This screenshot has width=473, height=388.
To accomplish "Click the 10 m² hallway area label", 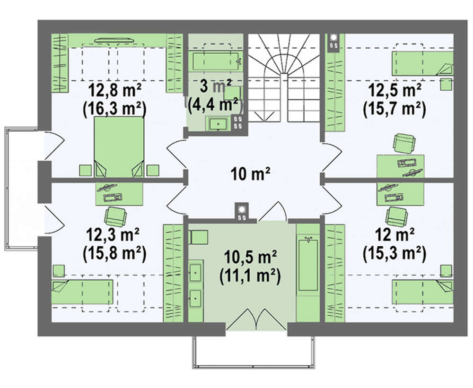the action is [x=250, y=174].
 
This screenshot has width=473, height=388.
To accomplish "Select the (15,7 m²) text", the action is [x=394, y=110].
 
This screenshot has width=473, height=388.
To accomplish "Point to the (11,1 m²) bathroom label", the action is [x=250, y=276].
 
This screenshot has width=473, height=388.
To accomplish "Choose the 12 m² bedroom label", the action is [x=394, y=234].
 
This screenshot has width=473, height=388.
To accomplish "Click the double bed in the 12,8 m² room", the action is [x=119, y=147].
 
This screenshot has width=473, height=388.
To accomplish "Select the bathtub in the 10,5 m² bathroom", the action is [x=308, y=264].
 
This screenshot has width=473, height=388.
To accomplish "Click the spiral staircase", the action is [x=284, y=78].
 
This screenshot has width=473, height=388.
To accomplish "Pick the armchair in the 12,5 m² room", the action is [x=404, y=143].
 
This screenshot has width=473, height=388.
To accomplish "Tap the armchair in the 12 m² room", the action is [x=397, y=216].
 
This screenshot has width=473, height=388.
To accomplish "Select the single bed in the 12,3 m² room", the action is [x=82, y=292].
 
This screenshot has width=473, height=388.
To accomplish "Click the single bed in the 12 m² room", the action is [x=422, y=292].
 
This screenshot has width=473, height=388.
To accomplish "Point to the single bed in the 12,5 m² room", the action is [x=422, y=63].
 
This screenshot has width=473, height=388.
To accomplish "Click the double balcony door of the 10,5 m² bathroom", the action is [x=256, y=319].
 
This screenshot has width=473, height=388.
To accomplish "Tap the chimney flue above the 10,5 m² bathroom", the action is [x=241, y=212].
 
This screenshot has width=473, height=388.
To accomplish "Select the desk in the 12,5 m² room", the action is [x=401, y=166].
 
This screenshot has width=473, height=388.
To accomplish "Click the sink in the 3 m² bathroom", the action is [x=218, y=124].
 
